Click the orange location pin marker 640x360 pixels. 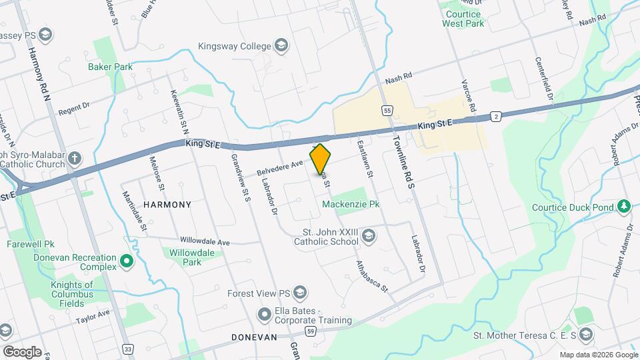320,159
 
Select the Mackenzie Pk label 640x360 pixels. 351,205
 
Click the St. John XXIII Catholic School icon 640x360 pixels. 369,235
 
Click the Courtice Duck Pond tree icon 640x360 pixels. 624,207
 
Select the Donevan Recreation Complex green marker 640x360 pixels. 127,260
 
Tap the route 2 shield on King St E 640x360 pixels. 495,116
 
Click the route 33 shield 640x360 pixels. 127,349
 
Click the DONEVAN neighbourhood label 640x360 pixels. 254,337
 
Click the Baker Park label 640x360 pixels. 110,67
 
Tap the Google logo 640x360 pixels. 21,351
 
